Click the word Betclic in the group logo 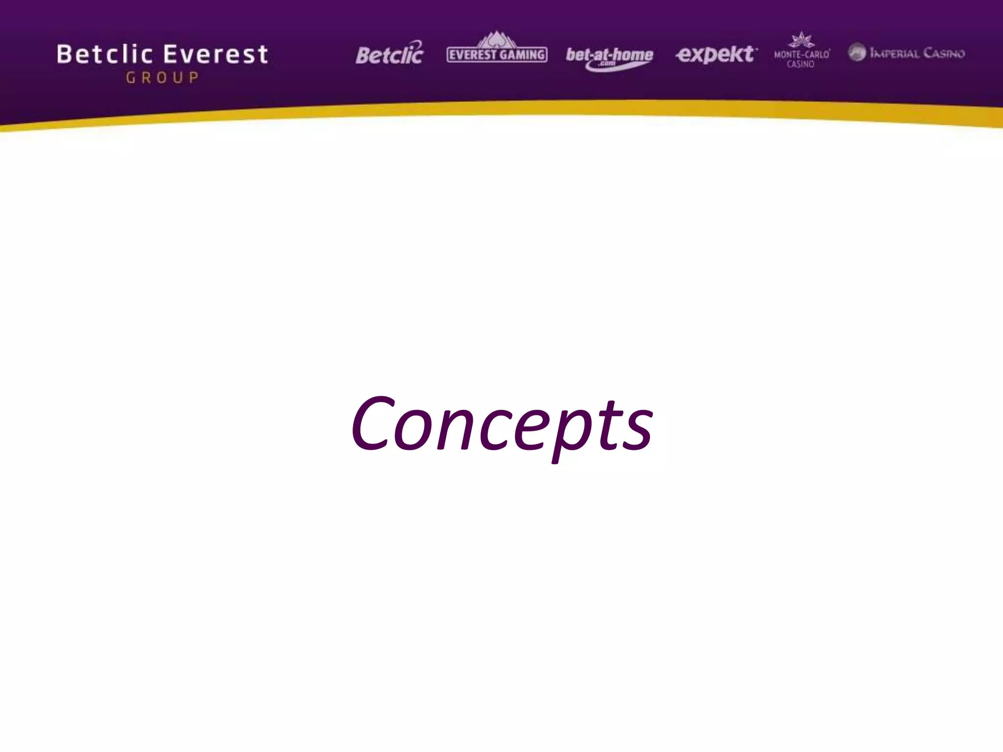[105, 54]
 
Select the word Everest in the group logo [216, 54]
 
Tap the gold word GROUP [162, 77]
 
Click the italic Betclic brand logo [389, 54]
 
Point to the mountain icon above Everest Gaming [497, 39]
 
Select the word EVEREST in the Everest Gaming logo [473, 55]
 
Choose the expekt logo [716, 54]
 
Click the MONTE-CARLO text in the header [801, 54]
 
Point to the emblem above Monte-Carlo [801, 40]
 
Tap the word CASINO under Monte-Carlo [800, 64]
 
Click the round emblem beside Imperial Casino [857, 52]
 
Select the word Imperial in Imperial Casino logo [894, 53]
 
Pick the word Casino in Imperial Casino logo [944, 53]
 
